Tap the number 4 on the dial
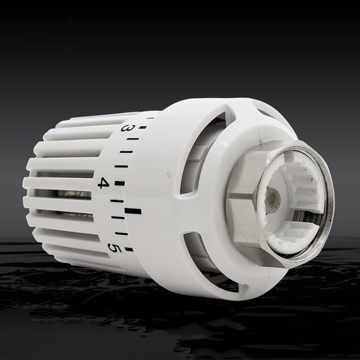(x=104, y=183)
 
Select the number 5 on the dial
(x=113, y=248)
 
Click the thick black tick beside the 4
(x=120, y=183)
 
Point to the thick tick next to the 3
(x=143, y=127)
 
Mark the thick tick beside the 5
(x=129, y=249)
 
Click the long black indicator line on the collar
(x=133, y=211)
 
